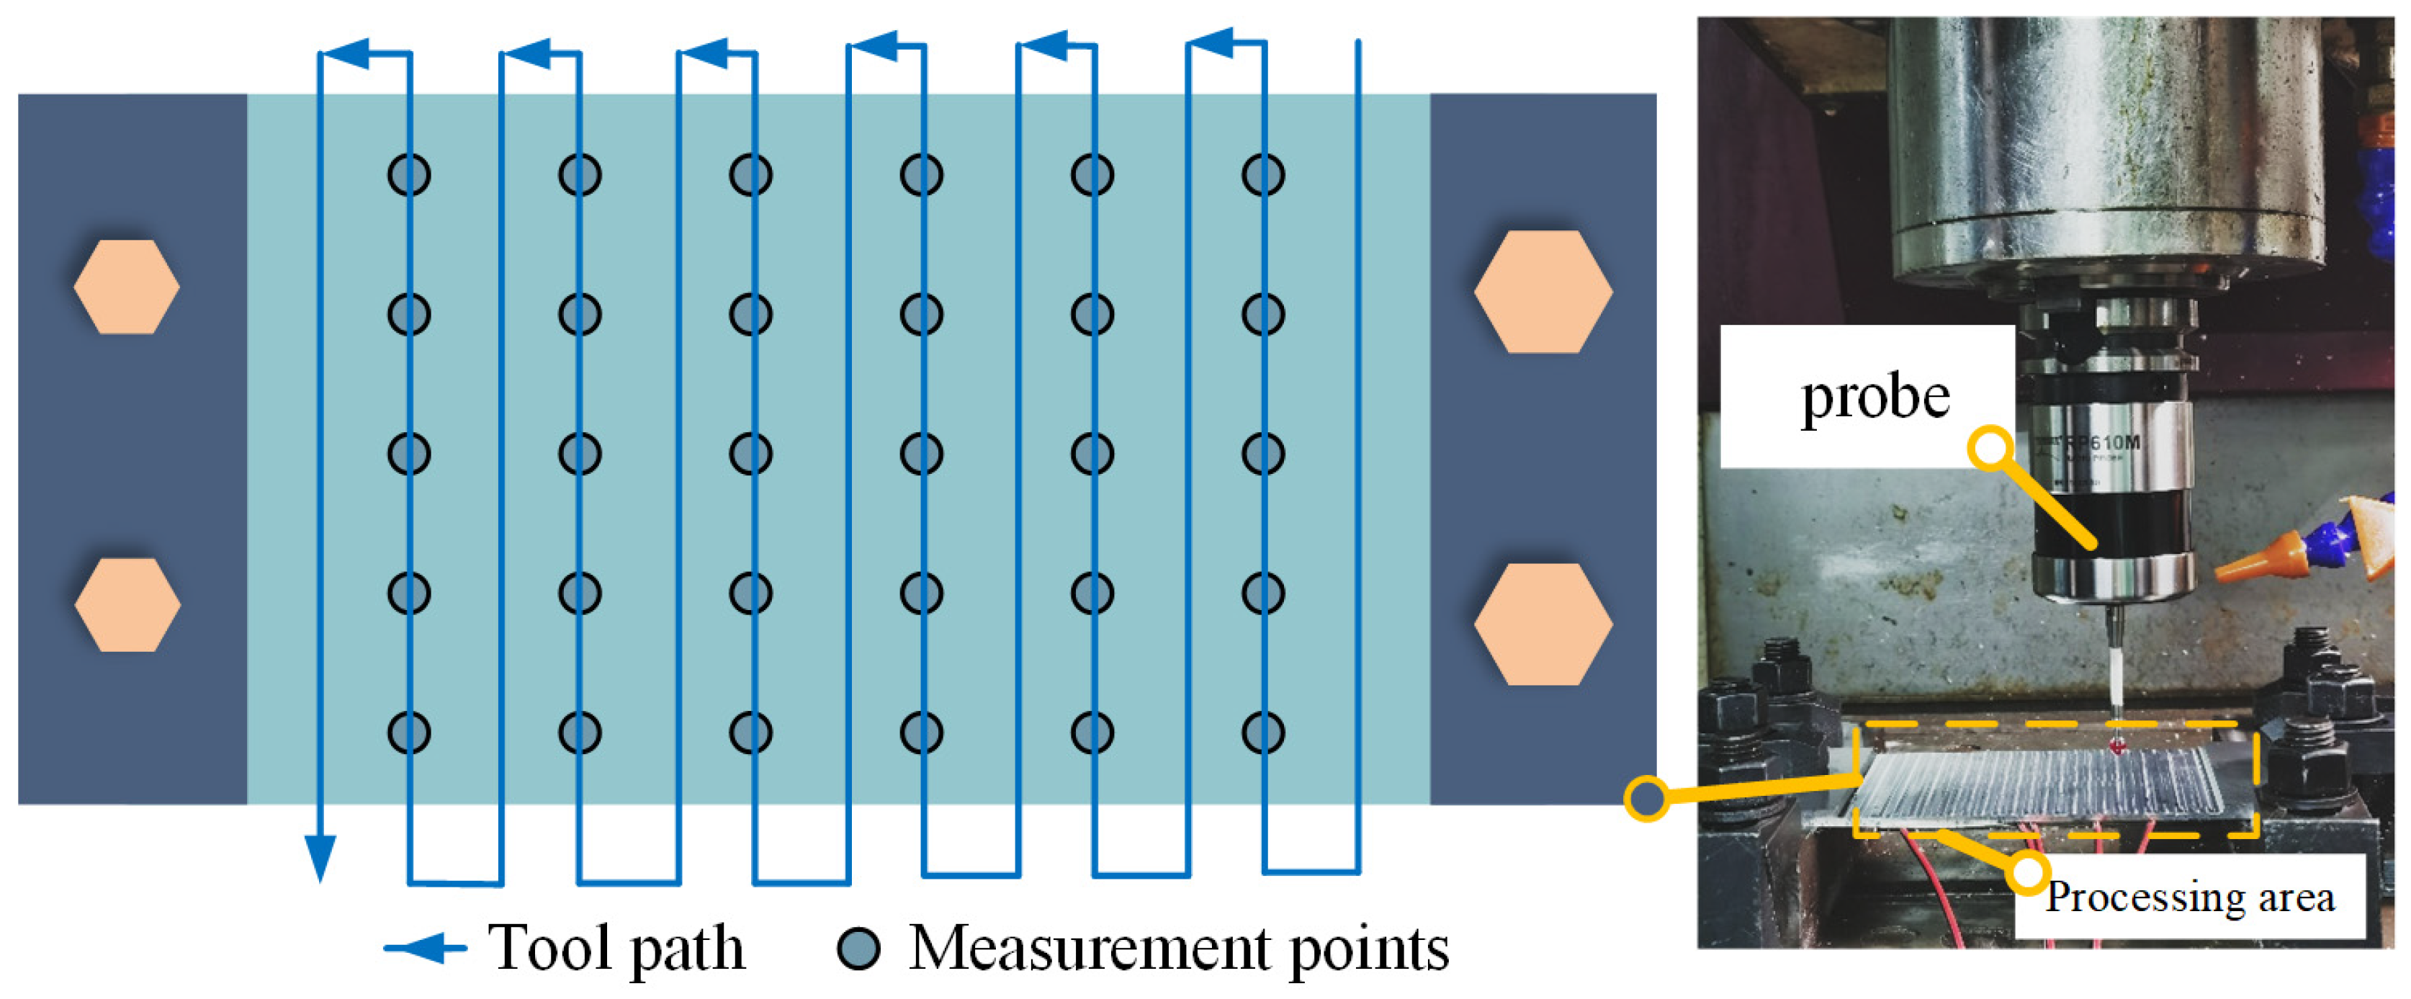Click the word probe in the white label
tap(1875, 397)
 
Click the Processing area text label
tap(2189, 897)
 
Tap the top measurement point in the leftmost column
tap(409, 175)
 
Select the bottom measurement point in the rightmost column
tap(1262, 733)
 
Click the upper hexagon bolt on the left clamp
tap(126, 287)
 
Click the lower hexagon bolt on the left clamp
tap(127, 605)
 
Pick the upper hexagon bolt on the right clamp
tap(1543, 291)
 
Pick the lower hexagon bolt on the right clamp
tap(1543, 624)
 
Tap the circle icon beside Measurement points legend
tap(858, 949)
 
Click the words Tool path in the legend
tap(616, 949)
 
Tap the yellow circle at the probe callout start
tap(1990, 447)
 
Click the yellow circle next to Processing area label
tap(2027, 873)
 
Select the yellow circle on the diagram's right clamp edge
tap(1646, 799)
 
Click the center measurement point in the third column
tap(750, 454)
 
